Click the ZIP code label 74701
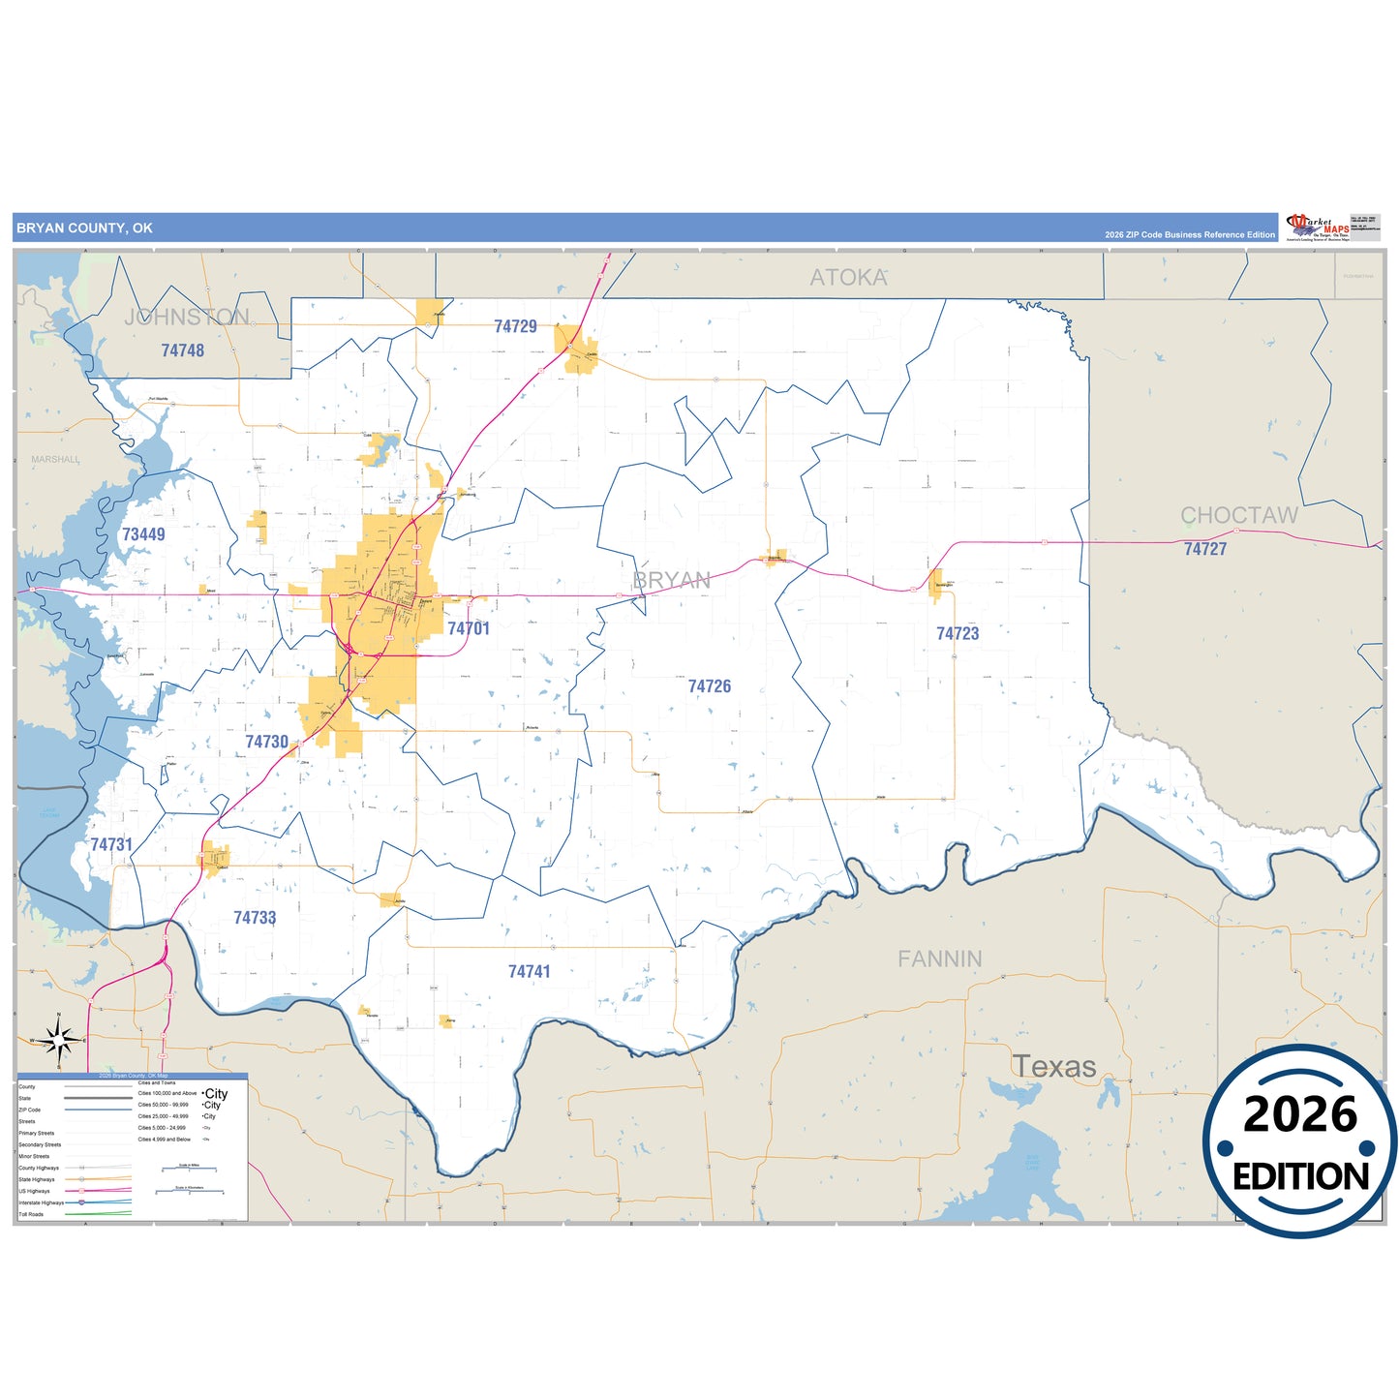469,628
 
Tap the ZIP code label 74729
515,326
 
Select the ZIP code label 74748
182,350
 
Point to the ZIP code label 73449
143,534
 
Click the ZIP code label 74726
710,686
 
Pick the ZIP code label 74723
958,633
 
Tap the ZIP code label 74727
1205,549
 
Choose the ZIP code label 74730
266,742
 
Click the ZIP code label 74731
111,844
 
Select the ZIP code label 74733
255,918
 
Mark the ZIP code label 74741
530,971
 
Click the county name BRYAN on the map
672,580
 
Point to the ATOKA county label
848,278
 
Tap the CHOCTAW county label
1239,515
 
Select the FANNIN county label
939,958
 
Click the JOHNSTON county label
187,317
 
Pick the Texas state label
1054,1067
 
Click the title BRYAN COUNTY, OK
84,228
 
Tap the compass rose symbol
59,1041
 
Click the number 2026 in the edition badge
1300,1114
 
